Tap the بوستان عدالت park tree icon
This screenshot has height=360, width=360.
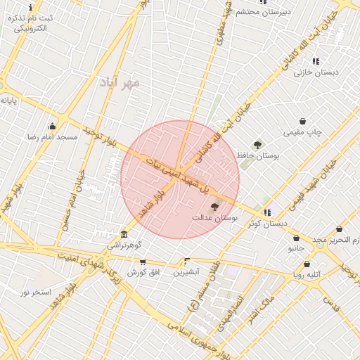tap(214, 206)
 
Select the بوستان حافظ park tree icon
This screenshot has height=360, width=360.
tap(258, 144)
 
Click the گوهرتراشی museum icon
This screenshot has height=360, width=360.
tap(124, 233)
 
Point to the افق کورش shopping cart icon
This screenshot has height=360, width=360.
tap(143, 262)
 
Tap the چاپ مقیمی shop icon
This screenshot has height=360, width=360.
tap(302, 121)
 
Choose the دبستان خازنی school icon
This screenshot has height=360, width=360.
tap(316, 61)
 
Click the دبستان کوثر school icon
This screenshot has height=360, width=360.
tap(267, 212)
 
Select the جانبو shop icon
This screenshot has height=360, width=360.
tap(296, 238)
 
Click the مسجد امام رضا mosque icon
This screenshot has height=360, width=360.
tap(51, 127)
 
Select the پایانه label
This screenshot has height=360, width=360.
tap(8, 101)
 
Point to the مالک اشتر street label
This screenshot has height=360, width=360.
tap(265, 310)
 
